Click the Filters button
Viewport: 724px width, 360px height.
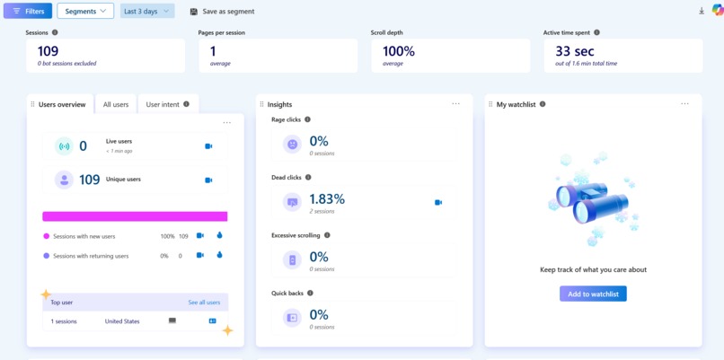28,11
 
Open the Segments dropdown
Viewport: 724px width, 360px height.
85,11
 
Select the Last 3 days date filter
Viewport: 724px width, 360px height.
146,11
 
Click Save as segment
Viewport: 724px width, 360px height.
222,12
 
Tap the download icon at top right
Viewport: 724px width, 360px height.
701,12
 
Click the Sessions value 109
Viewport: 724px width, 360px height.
49,51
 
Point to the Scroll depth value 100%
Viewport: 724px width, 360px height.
399,51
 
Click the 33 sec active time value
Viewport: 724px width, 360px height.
575,51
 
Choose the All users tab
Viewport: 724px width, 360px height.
116,104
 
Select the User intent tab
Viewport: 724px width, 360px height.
167,104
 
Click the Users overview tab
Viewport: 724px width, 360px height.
61,104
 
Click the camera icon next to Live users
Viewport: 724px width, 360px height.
208,145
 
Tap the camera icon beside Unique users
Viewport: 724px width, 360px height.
208,180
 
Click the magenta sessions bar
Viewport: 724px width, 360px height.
135,216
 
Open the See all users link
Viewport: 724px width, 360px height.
204,303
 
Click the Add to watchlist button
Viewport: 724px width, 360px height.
593,294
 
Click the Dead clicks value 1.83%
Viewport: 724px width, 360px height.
327,198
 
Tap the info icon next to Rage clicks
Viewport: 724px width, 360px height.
307,119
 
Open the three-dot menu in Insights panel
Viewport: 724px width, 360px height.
455,104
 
